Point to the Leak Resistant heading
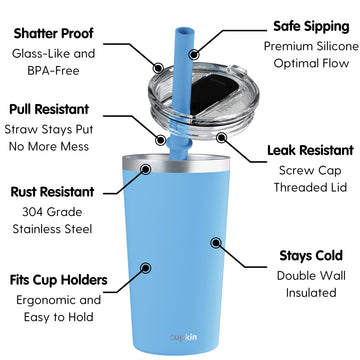coord(310,151)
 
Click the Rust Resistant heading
coord(52,190)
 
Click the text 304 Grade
coord(52,211)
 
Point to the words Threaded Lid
coord(310,192)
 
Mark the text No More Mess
coord(52,150)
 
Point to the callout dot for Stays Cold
coord(216,241)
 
